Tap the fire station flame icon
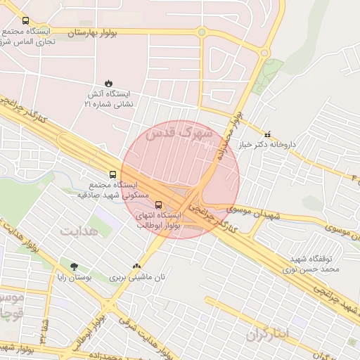pos(108,82)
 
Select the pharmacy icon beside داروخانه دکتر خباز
pos(266,134)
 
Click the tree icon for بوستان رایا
pos(74,266)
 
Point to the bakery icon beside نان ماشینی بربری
pos(136,266)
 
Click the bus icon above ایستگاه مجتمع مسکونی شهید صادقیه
pos(112,174)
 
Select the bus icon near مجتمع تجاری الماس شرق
pos(26,21)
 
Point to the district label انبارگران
pos(268,334)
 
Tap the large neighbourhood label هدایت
pos(76,231)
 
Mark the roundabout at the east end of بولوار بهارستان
pos(265,52)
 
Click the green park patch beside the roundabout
pos(268,72)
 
